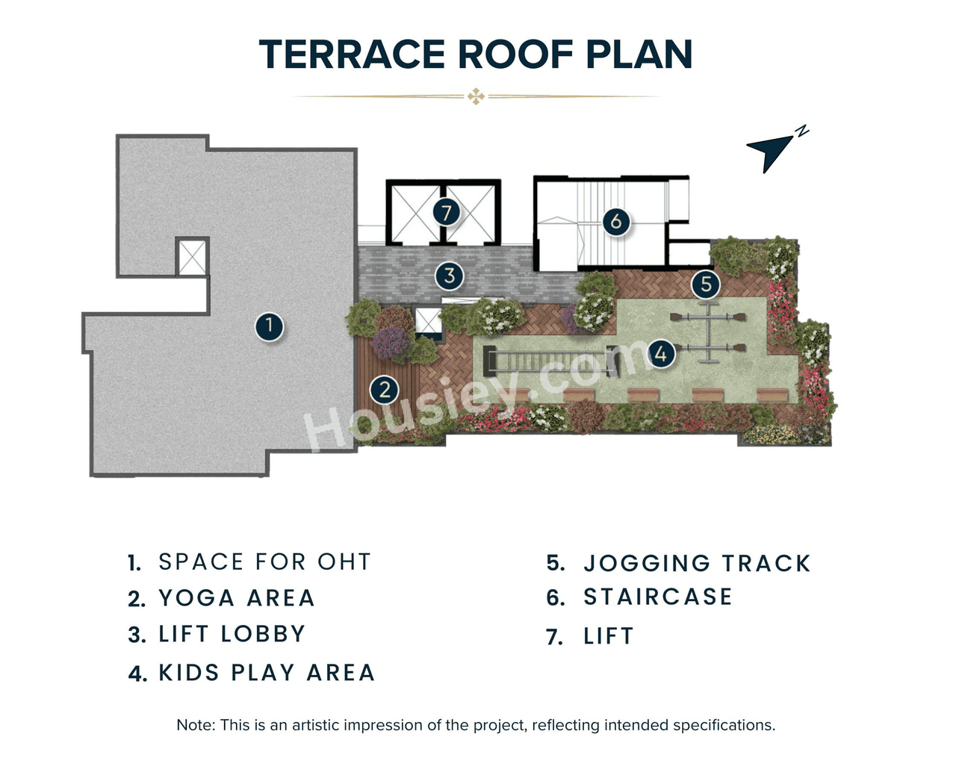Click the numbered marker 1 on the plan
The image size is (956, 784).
click(269, 326)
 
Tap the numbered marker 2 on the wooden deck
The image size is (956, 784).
click(385, 389)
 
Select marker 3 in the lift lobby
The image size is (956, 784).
click(449, 276)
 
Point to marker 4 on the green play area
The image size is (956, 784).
click(660, 353)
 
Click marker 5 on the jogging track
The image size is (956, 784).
click(706, 284)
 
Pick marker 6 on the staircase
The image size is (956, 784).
click(616, 221)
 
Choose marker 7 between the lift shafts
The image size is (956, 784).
click(446, 213)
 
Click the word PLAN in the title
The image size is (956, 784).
click(639, 55)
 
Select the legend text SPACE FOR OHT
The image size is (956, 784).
click(264, 561)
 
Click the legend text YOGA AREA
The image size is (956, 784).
click(237, 598)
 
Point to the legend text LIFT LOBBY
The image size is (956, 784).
click(232, 634)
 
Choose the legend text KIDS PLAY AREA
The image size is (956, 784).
click(267, 673)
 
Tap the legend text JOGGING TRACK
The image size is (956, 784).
click(697, 563)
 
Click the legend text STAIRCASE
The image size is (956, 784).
click(658, 597)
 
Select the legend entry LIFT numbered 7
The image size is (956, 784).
click(609, 636)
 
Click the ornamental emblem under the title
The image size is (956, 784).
click(476, 96)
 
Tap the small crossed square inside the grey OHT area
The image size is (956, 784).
click(192, 258)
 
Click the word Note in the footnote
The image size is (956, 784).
click(194, 725)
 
